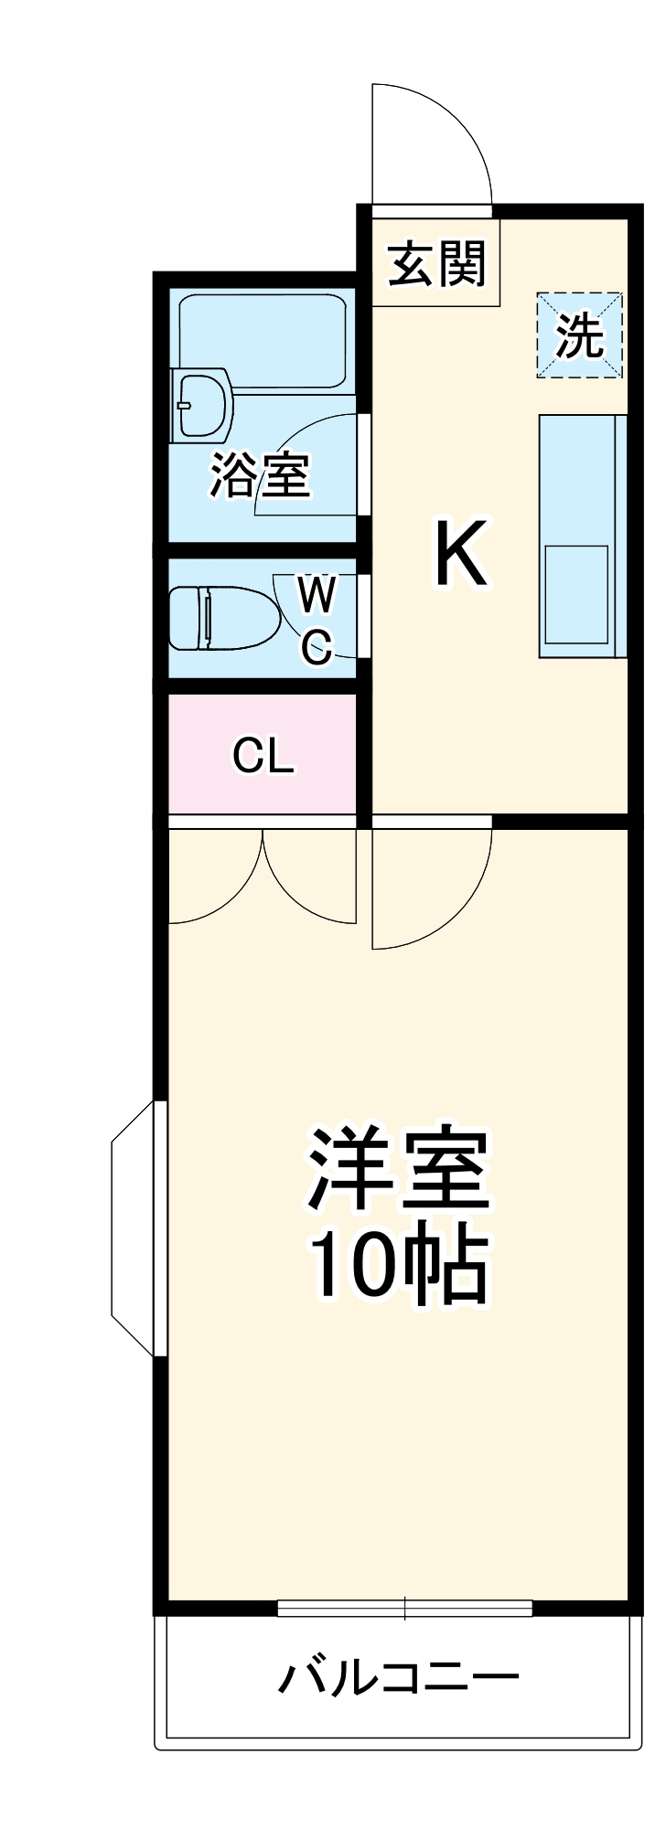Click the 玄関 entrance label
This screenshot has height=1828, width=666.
[x=436, y=264]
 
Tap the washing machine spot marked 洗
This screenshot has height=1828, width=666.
[x=579, y=336]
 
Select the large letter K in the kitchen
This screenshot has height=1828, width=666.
[x=462, y=553]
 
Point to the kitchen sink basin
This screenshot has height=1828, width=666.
[x=576, y=595]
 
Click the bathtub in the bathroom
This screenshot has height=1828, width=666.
[x=263, y=339]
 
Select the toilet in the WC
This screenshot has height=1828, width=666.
[x=223, y=618]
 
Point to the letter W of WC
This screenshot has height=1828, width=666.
[x=317, y=595]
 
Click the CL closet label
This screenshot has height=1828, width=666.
[x=263, y=755]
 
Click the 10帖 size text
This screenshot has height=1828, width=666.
[x=399, y=1266]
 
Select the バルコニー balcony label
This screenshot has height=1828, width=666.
[x=399, y=1677]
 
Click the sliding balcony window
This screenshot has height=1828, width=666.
[x=404, y=1608]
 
